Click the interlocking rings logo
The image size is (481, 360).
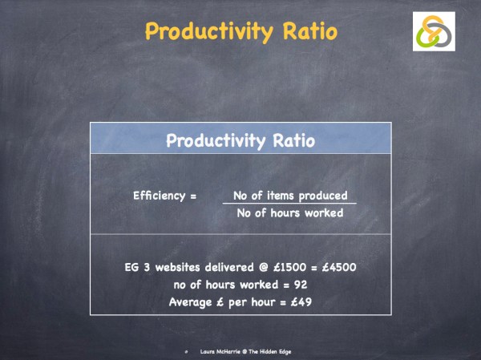(434, 33)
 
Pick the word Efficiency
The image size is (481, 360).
(159, 196)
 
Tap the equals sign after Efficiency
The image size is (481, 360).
(192, 196)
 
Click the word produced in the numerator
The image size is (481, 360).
(320, 196)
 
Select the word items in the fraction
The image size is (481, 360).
(277, 196)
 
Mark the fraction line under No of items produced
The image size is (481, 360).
(289, 204)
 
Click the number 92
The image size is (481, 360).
(299, 284)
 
